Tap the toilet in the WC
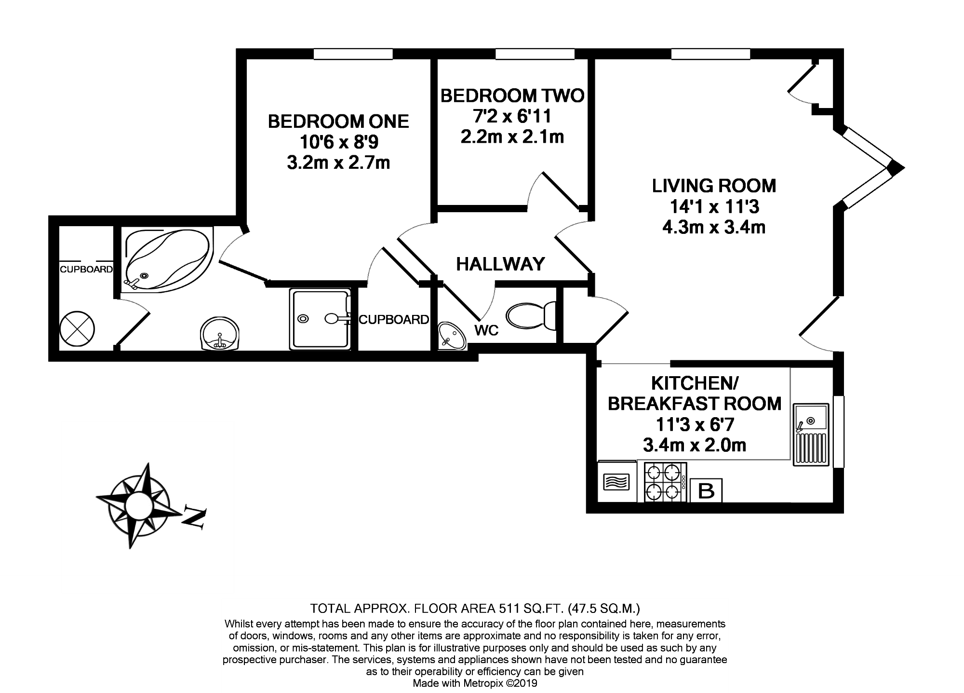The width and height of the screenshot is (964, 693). point(531,316)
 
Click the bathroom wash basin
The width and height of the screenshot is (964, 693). point(220,334)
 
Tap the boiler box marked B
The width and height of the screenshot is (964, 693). point(706,491)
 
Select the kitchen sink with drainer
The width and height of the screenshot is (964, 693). point(811,435)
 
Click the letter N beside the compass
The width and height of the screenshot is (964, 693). point(194,518)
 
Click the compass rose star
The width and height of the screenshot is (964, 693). point(132,505)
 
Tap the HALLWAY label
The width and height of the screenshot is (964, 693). point(500,264)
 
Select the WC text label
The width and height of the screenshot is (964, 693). point(486,330)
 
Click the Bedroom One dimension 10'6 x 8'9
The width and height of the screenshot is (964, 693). point(338,142)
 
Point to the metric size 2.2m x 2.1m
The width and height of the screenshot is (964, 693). point(512,137)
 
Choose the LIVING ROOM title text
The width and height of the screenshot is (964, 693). point(714,186)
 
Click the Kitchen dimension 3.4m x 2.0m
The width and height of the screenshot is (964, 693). point(695,445)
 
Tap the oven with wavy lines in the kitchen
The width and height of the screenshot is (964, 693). point(617,482)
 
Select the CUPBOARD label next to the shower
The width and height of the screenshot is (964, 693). point(394,319)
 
